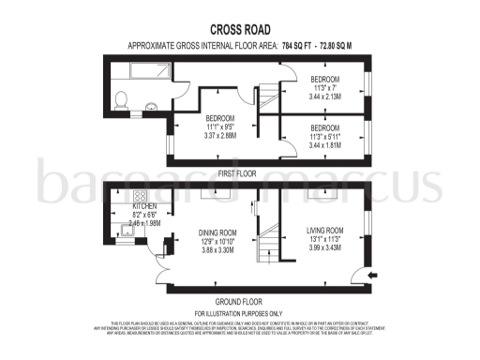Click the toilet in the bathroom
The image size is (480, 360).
point(119,98)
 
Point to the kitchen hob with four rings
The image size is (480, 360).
point(142,198)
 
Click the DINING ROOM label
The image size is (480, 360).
point(217,232)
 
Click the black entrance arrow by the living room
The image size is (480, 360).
point(373,274)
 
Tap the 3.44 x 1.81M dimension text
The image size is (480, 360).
point(325,146)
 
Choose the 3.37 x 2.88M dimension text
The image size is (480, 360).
point(223,135)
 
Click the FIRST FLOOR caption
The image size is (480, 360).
point(238,173)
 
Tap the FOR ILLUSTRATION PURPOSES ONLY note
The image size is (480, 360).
point(238,312)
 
